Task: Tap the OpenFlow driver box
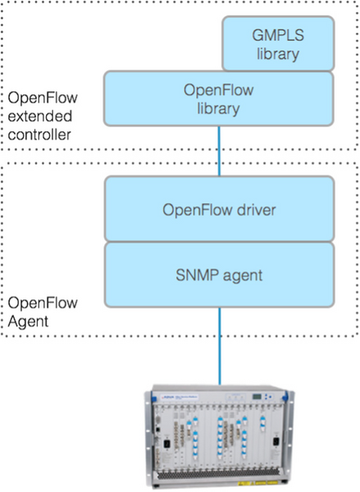pos(218,210)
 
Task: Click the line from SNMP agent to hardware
pos(218,344)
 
